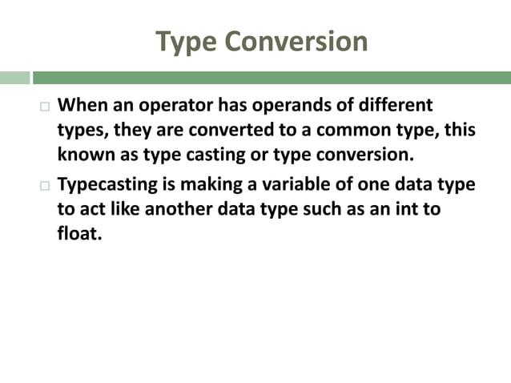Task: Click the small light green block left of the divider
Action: (14, 78)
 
